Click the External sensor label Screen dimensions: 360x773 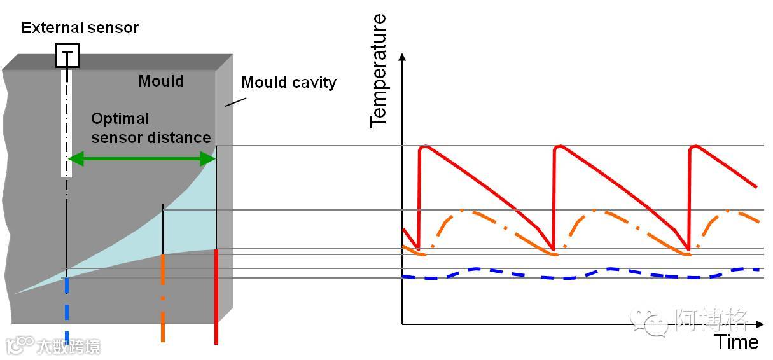click(80, 27)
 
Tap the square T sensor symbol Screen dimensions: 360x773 click(67, 56)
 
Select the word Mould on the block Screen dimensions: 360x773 click(161, 81)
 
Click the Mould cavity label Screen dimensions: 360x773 click(289, 82)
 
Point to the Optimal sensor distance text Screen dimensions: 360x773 click(150, 128)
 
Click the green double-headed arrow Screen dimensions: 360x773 click(141, 158)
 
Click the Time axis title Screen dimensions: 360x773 click(737, 342)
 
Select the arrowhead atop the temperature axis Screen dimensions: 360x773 click(402, 58)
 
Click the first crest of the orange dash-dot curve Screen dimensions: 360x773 click(464, 211)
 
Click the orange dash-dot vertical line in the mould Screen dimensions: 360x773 click(164, 298)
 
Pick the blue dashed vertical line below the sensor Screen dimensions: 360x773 click(66, 312)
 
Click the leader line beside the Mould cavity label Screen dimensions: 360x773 click(235, 100)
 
